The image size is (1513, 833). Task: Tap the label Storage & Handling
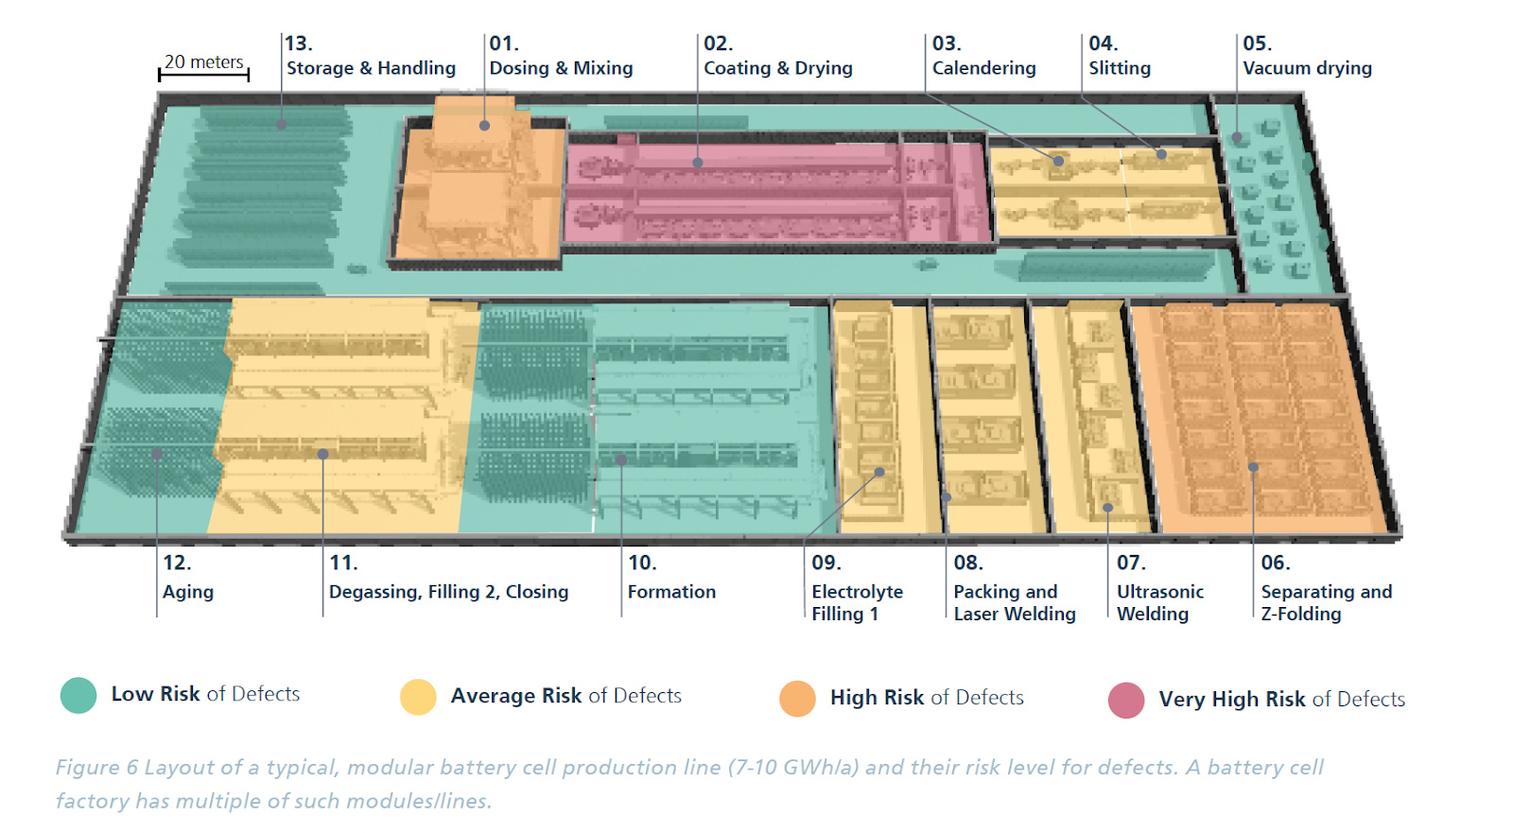(x=371, y=68)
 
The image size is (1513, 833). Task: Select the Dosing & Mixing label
(x=561, y=68)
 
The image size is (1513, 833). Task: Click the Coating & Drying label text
(x=777, y=68)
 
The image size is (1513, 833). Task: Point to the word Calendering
(x=983, y=68)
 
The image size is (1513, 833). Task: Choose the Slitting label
(x=1120, y=68)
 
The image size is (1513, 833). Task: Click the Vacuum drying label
(x=1307, y=68)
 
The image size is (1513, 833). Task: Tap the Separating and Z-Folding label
(x=1326, y=602)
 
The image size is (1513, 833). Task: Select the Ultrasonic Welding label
(x=1159, y=602)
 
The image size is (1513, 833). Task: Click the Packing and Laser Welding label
(x=1014, y=602)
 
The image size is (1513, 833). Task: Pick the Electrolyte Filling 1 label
(x=857, y=602)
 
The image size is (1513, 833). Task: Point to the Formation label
(x=671, y=592)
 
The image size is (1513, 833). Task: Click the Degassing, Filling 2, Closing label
(x=448, y=592)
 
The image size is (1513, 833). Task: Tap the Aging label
(x=188, y=592)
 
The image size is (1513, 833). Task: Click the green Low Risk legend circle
(x=78, y=695)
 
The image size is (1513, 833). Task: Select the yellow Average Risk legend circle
(x=418, y=697)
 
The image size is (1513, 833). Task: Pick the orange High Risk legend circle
(x=797, y=699)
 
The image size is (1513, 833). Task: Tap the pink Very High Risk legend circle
(x=1126, y=701)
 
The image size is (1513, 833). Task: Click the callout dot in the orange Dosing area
(x=484, y=125)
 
